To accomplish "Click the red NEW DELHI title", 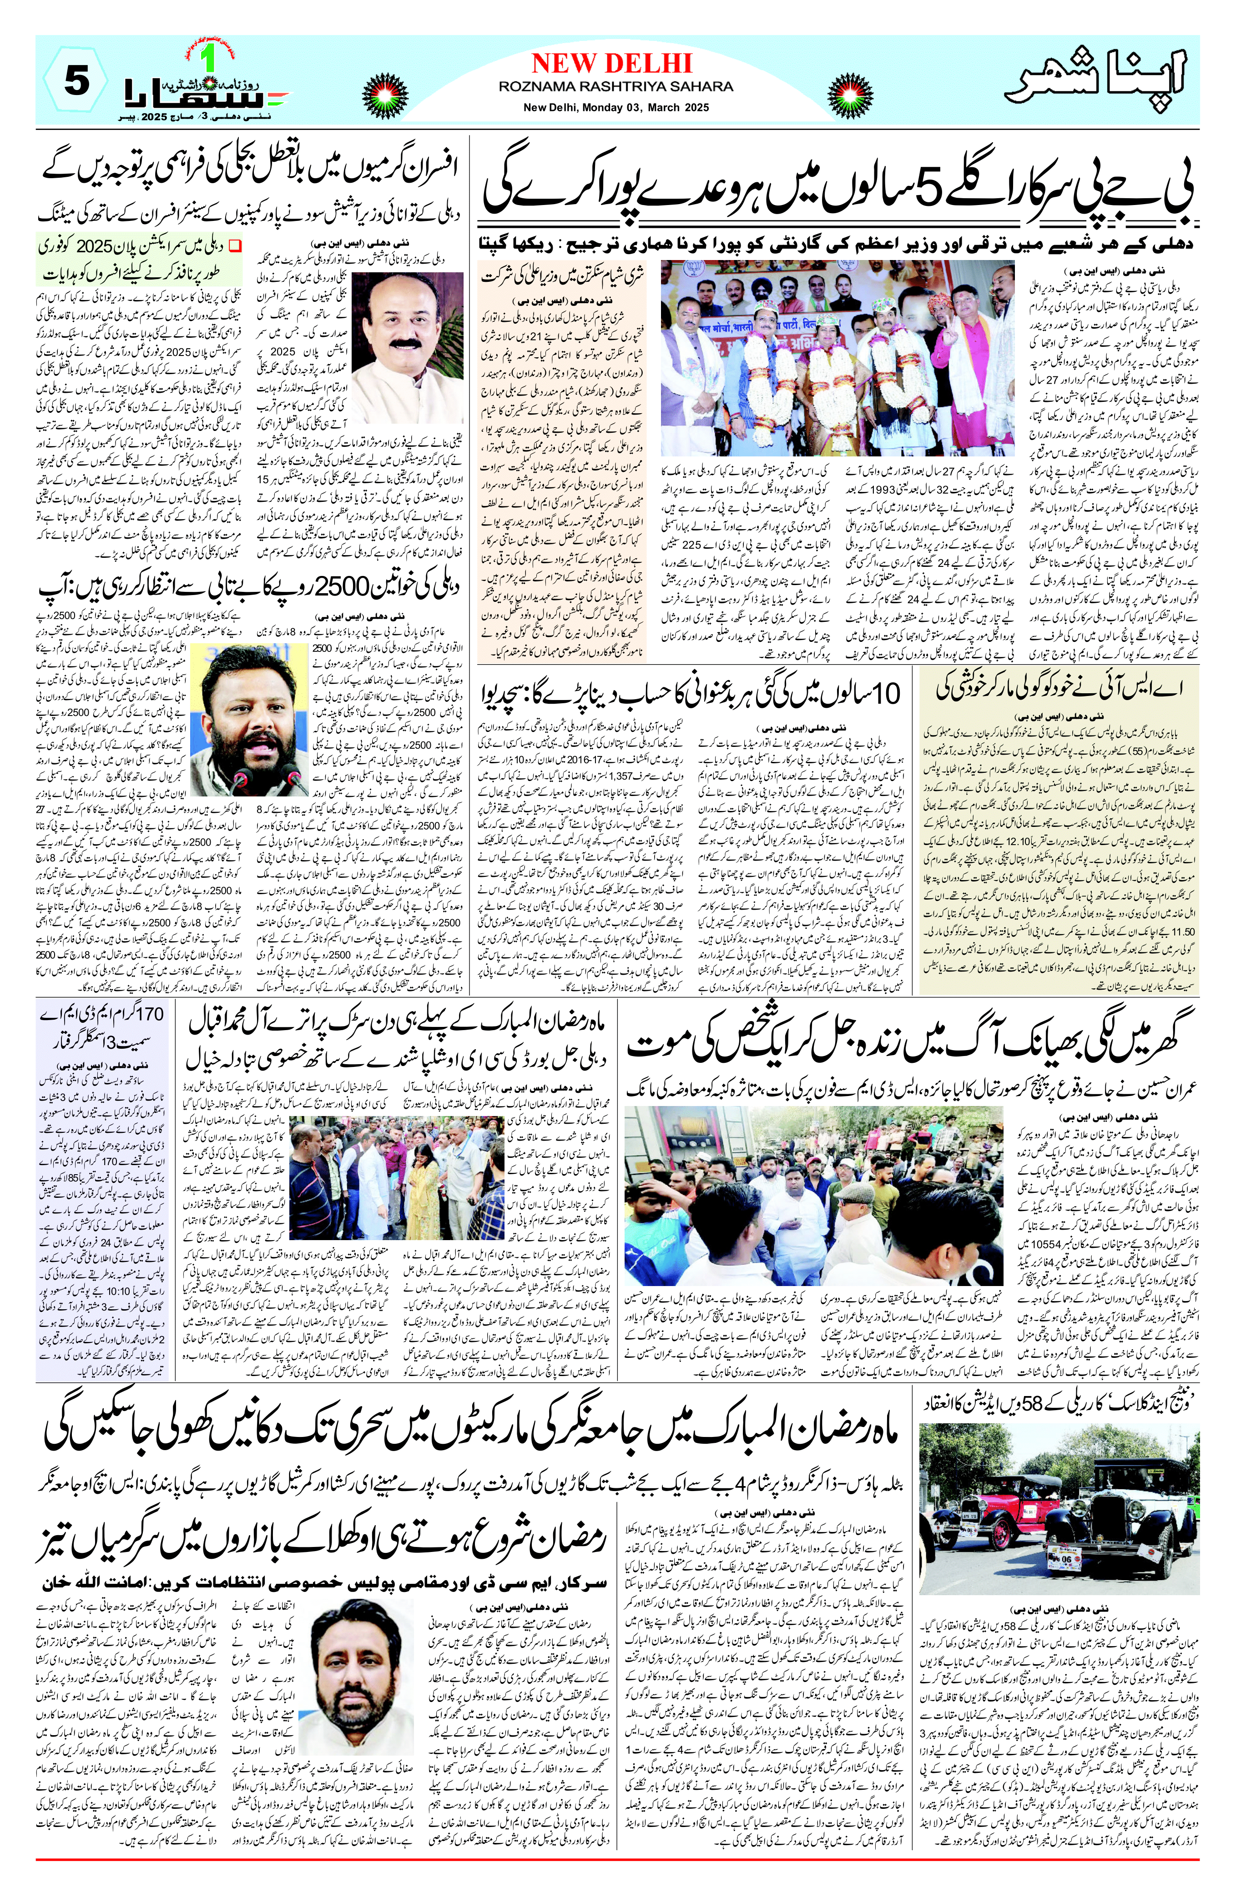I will [x=611, y=64].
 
